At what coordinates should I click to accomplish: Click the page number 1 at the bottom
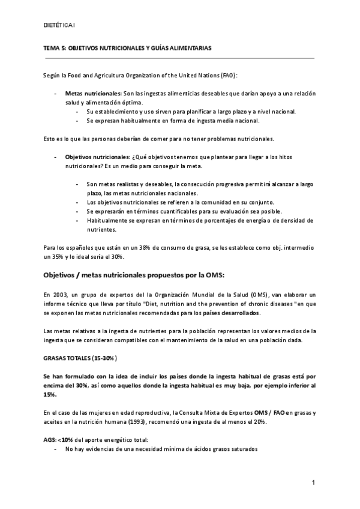coord(313,483)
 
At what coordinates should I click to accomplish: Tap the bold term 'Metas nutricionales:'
coord(92,94)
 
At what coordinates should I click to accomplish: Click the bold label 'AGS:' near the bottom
coord(50,440)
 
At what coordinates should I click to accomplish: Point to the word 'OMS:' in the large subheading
coord(211,275)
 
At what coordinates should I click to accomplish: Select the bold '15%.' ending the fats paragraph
coord(50,394)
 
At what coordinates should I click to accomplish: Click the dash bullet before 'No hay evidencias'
coord(56,449)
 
